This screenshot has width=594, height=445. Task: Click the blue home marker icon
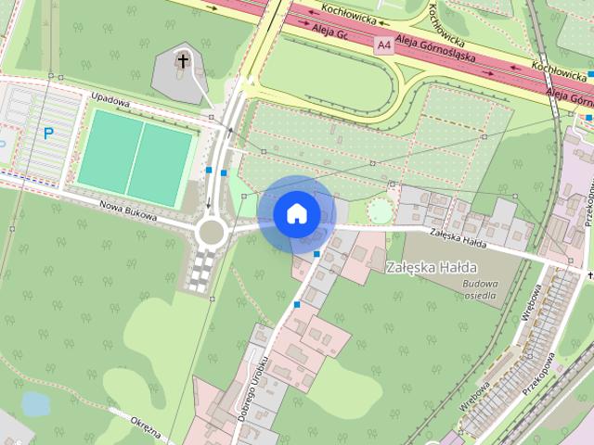[x=297, y=213]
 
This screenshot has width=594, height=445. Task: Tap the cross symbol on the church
[x=183, y=63]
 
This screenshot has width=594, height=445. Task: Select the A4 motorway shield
[x=383, y=44]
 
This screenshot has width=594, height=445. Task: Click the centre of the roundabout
[x=212, y=229]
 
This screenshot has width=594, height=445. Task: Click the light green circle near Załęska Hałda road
[x=380, y=211]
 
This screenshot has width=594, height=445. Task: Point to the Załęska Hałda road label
[x=459, y=237]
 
